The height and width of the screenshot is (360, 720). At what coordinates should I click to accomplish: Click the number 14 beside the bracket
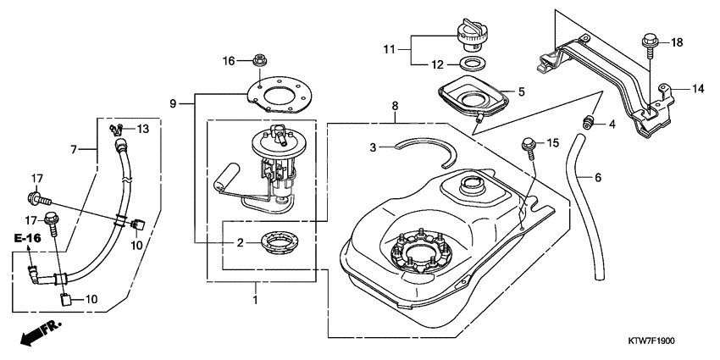pyautogui.click(x=698, y=88)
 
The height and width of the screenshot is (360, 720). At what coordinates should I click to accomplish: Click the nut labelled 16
pyautogui.click(x=257, y=62)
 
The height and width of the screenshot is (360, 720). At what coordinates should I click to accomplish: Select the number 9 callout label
pyautogui.click(x=173, y=103)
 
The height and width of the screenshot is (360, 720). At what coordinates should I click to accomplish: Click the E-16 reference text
pyautogui.click(x=28, y=239)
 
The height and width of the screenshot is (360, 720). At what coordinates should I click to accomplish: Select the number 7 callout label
pyautogui.click(x=75, y=149)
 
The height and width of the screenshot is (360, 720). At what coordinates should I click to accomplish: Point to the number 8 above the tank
pyautogui.click(x=394, y=105)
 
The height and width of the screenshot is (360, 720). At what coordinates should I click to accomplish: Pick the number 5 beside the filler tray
pyautogui.click(x=523, y=91)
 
